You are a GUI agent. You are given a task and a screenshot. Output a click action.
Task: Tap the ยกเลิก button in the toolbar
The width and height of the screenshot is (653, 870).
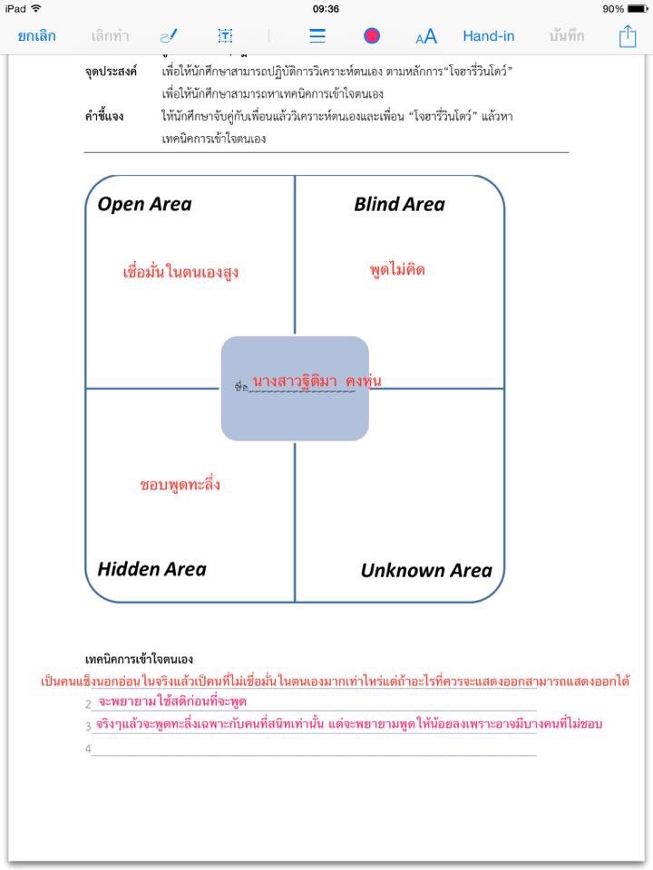36,36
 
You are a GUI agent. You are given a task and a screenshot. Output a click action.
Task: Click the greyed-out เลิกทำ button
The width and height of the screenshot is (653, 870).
111,36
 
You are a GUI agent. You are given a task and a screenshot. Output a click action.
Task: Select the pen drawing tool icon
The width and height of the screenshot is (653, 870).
169,36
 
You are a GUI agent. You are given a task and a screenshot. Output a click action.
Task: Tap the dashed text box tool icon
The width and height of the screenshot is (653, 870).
225,36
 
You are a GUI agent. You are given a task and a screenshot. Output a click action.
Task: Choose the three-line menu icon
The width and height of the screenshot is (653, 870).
317,36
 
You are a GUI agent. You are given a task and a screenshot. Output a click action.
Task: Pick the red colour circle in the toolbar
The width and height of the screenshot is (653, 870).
372,36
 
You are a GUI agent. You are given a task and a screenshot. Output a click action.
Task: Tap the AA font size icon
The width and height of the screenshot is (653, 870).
426,36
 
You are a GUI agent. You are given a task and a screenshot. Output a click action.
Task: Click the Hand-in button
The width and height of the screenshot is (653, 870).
489,36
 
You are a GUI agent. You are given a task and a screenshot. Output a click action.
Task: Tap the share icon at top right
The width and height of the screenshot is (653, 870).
628,35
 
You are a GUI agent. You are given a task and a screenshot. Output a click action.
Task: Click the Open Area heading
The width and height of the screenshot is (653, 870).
145,204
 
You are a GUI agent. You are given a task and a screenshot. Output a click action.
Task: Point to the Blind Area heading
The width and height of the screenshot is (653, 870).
399,204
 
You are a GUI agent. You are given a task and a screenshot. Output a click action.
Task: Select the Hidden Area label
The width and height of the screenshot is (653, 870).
151,569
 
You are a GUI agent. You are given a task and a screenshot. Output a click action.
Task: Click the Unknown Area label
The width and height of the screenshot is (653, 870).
426,570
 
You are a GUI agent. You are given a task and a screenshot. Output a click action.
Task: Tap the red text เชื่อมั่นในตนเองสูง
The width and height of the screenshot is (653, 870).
180,272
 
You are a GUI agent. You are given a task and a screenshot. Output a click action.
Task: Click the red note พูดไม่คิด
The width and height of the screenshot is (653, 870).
397,269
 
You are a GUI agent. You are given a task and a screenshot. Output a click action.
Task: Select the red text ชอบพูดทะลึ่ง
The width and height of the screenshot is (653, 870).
180,485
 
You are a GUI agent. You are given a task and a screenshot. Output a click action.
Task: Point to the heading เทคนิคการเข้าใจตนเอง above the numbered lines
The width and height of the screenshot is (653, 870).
138,659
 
